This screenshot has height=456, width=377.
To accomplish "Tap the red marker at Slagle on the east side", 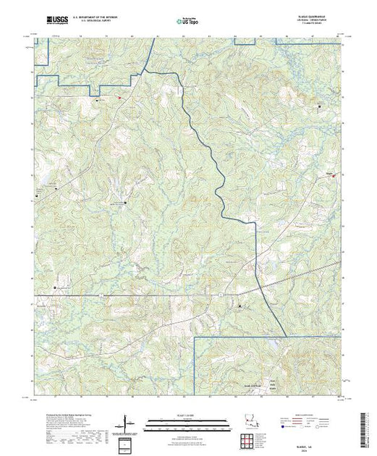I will tap(334, 174).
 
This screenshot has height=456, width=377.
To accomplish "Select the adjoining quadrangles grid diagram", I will tap(250, 441).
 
